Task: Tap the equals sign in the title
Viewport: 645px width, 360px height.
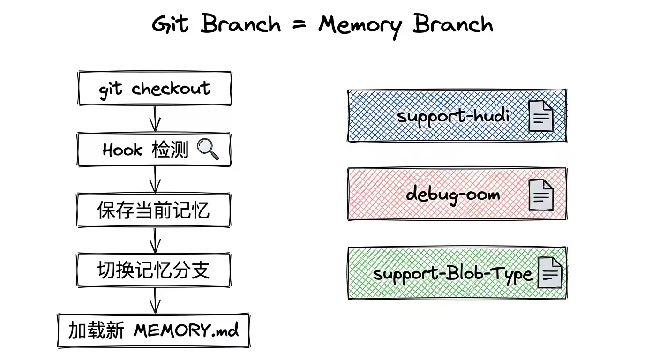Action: click(x=299, y=24)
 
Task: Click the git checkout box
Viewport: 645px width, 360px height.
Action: click(x=155, y=88)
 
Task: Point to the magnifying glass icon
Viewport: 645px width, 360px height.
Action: click(x=208, y=150)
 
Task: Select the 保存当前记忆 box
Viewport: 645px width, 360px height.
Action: click(x=154, y=210)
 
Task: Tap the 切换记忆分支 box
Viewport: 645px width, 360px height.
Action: click(x=154, y=270)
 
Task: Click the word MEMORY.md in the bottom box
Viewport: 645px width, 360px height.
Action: click(x=186, y=330)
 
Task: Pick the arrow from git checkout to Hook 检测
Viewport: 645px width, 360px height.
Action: click(x=155, y=119)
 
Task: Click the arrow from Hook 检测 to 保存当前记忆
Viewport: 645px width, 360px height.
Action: click(x=155, y=180)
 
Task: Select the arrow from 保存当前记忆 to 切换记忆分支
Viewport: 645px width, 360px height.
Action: click(x=155, y=240)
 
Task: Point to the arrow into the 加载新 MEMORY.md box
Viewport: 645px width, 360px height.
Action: click(x=155, y=300)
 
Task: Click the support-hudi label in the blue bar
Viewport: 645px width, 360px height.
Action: click(x=453, y=115)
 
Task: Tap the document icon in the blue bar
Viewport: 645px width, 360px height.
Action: click(x=541, y=116)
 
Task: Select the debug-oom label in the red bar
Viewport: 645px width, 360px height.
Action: click(x=453, y=193)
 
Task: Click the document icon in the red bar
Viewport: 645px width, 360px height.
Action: click(x=541, y=195)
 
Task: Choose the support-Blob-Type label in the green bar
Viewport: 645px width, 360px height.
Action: click(x=453, y=273)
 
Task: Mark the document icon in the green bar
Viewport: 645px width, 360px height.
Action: click(x=550, y=273)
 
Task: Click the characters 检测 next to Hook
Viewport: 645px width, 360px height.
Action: click(x=170, y=150)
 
